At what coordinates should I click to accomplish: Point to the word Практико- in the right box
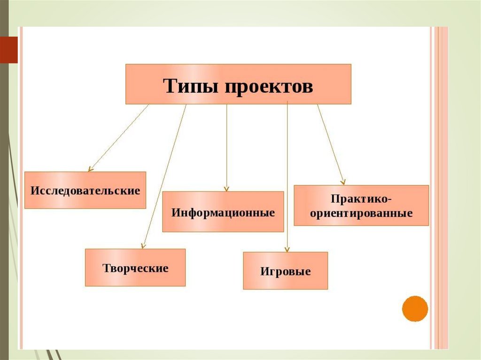pyautogui.click(x=361, y=199)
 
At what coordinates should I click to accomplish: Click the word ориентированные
pyautogui.click(x=361, y=214)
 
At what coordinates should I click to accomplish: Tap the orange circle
pyautogui.click(x=415, y=308)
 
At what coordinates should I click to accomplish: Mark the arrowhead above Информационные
pyautogui.click(x=226, y=188)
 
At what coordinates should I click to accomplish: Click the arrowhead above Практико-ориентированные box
pyautogui.click(x=343, y=181)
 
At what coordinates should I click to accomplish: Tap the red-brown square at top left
pyautogui.click(x=8, y=50)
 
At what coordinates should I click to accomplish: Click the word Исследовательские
pyautogui.click(x=85, y=191)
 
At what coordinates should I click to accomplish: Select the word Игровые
pyautogui.click(x=285, y=272)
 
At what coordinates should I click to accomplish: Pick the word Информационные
pyautogui.click(x=223, y=212)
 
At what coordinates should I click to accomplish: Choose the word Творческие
pyautogui.click(x=135, y=268)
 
